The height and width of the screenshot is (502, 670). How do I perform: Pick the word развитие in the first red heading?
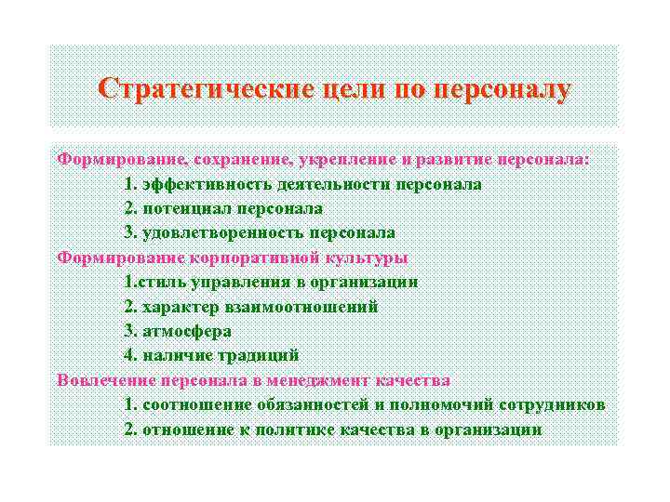(447, 159)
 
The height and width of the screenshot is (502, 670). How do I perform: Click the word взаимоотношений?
(306, 306)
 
